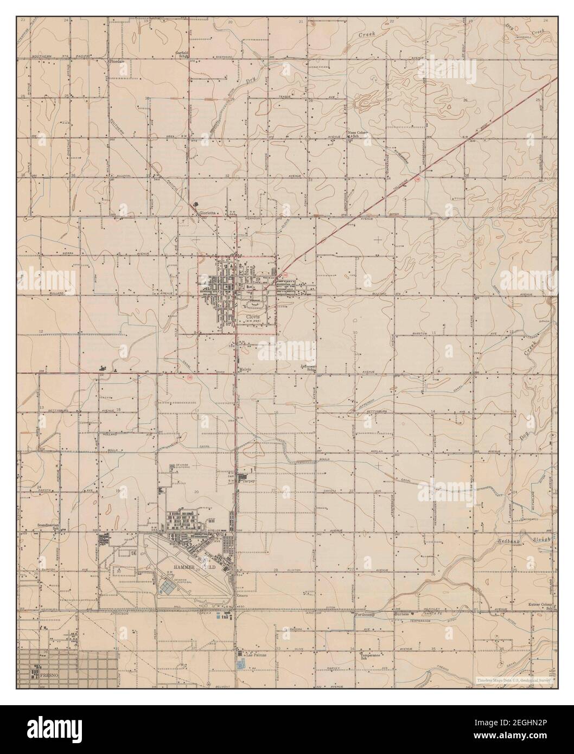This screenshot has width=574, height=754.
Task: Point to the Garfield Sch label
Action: coord(181,54)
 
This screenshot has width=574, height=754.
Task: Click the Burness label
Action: coord(401,614)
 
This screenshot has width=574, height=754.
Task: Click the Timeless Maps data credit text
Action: coord(513,680)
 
